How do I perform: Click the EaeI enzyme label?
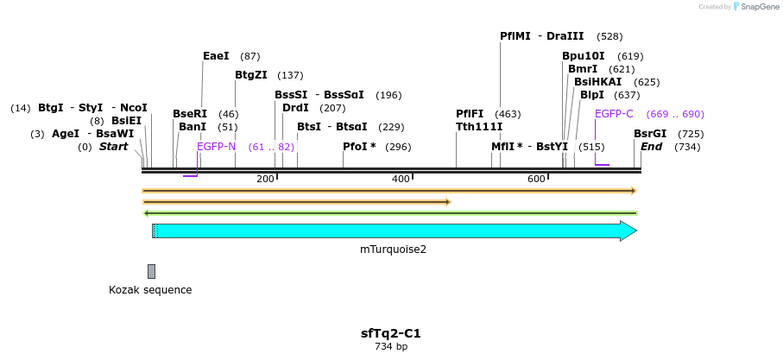(x=216, y=56)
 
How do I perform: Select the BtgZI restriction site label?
(x=251, y=75)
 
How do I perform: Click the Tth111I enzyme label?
(x=479, y=127)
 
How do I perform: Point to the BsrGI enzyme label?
(x=650, y=134)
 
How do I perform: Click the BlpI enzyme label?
(x=592, y=95)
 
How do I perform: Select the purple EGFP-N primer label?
(x=216, y=147)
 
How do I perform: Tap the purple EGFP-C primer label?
(x=614, y=114)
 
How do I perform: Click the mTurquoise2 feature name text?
(x=393, y=249)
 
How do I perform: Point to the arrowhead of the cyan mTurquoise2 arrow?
(x=629, y=231)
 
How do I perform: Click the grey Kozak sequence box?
(x=151, y=271)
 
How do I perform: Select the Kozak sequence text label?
(x=150, y=290)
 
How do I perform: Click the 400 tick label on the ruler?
(x=401, y=179)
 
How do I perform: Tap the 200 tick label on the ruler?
(x=265, y=179)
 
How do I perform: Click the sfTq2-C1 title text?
(x=391, y=333)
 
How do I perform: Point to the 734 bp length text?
(x=391, y=347)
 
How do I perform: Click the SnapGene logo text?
(x=758, y=7)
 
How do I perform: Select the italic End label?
(x=651, y=147)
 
